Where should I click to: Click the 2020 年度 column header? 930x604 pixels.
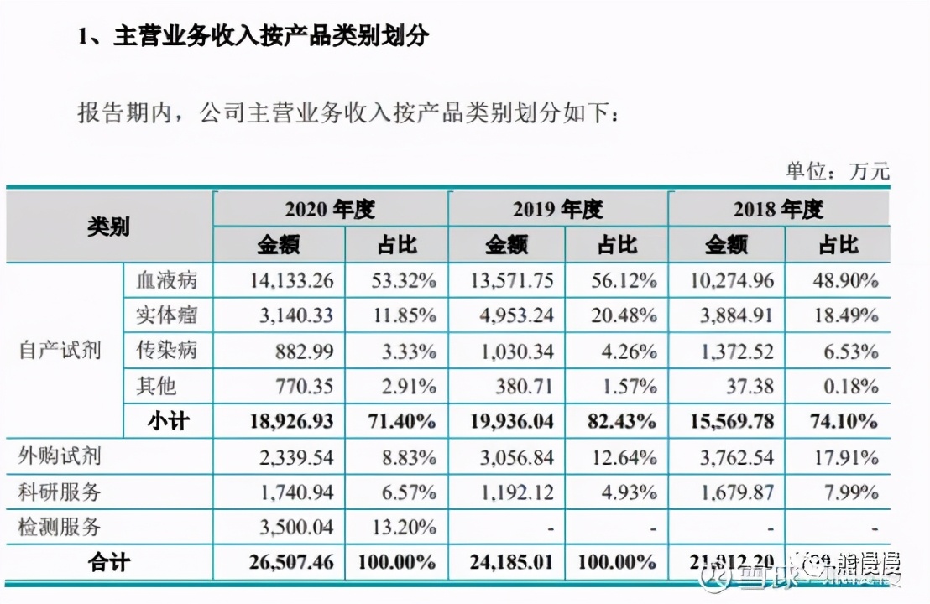329,209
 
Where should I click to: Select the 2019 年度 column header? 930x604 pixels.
557,209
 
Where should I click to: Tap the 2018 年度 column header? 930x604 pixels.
778,209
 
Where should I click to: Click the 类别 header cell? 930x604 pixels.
109,226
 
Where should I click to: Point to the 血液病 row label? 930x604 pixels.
166,280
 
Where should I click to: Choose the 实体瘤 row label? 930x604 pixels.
166,315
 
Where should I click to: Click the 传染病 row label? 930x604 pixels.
166,351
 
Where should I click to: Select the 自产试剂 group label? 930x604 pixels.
60,351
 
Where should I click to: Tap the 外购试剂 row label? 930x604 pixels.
60,457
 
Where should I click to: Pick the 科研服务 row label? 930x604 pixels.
60,492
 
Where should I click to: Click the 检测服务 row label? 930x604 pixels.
60,528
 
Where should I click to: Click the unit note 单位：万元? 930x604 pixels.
836,171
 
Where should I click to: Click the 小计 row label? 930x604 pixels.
166,421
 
